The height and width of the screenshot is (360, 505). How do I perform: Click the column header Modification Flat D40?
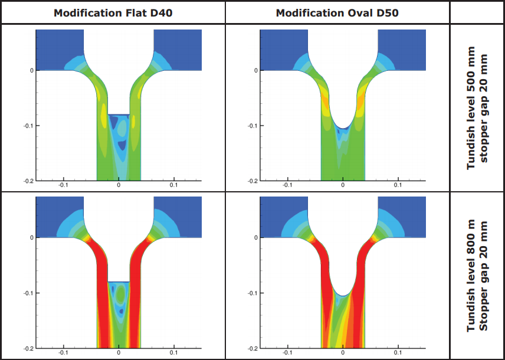pos(113,12)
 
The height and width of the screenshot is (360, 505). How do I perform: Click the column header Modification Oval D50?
pos(337,12)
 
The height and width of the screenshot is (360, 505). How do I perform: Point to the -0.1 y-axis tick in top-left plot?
pos(27,126)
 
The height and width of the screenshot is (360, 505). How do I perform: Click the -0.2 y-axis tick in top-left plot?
pos(27,181)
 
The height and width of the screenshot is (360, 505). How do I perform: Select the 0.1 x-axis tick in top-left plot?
pos(173,185)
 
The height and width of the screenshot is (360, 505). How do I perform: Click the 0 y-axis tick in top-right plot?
pos(256,70)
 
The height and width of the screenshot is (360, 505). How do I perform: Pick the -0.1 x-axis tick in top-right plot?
pos(287,185)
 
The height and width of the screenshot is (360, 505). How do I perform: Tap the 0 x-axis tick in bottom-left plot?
pos(119,353)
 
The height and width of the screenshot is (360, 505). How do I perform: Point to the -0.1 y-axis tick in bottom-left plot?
pos(27,293)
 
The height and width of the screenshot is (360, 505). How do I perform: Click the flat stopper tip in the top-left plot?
pos(119,113)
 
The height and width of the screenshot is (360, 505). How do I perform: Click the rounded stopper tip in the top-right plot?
pos(343,126)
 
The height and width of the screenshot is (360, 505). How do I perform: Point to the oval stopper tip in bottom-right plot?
pos(343,293)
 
